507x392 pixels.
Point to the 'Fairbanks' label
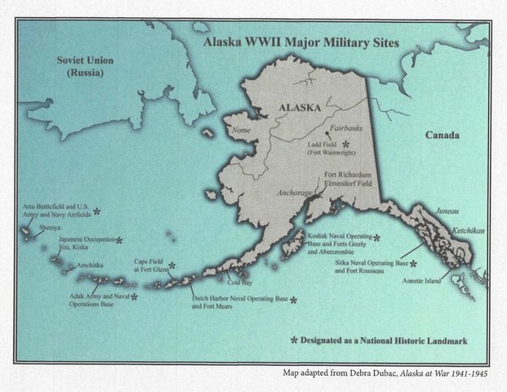pos(343,129)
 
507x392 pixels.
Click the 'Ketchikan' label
pos(468,231)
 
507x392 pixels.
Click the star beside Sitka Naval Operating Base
pos(414,264)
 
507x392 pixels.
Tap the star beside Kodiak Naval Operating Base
pos(376,238)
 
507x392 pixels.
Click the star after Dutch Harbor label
pos(293,301)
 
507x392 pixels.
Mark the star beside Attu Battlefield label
pos(97,211)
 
